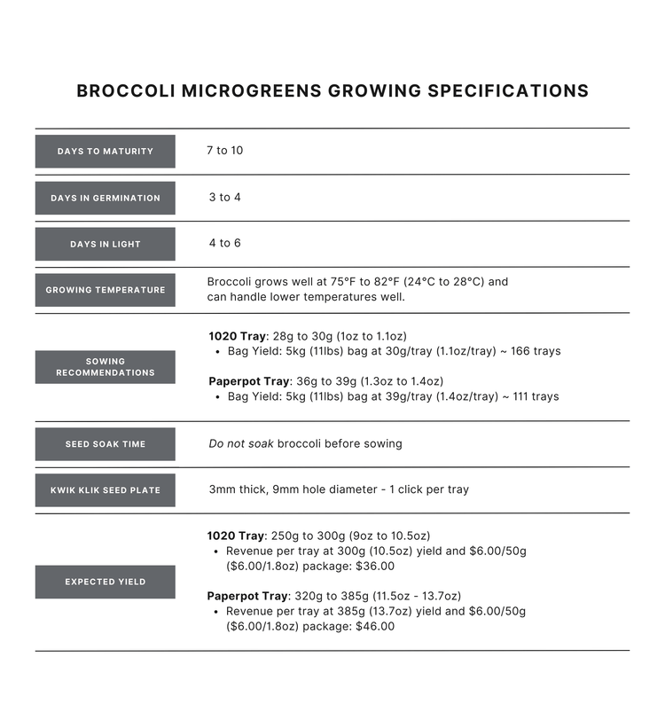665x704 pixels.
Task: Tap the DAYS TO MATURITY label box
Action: pyautogui.click(x=105, y=152)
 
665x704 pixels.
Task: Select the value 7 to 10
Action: pyautogui.click(x=224, y=151)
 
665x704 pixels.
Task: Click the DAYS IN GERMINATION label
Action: pyautogui.click(x=105, y=198)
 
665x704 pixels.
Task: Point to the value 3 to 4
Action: pyautogui.click(x=224, y=197)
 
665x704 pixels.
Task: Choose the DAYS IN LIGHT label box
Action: pyautogui.click(x=105, y=244)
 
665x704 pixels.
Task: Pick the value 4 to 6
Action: pyautogui.click(x=224, y=243)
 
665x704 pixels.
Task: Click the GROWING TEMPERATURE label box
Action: pyautogui.click(x=105, y=290)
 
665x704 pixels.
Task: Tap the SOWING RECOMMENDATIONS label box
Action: pyautogui.click(x=105, y=367)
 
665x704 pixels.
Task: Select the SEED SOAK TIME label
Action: pyautogui.click(x=105, y=444)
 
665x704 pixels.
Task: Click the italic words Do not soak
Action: pyautogui.click(x=240, y=443)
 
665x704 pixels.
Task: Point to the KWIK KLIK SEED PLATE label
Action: pyautogui.click(x=105, y=490)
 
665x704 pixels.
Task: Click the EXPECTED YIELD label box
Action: pyautogui.click(x=105, y=582)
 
